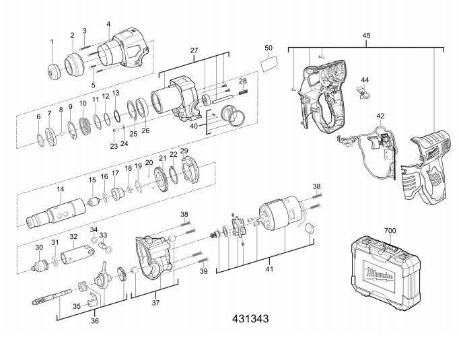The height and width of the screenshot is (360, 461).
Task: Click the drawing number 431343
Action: coord(250,319)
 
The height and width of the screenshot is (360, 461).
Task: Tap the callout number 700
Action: coord(390,231)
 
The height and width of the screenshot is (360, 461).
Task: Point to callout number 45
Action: coord(366,36)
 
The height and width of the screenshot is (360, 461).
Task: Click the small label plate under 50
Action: coord(269,63)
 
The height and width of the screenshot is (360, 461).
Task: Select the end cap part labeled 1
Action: coord(54,71)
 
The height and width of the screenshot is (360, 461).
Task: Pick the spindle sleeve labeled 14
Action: coord(56,212)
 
